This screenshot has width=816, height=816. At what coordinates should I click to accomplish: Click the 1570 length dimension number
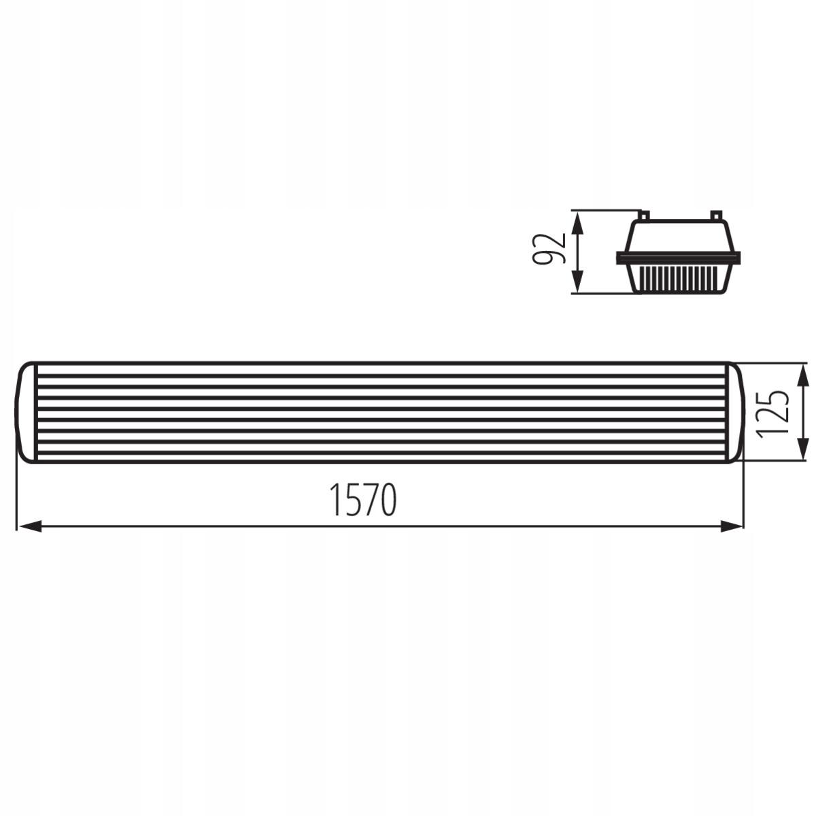(x=362, y=500)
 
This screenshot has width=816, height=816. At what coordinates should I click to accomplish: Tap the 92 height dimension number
(x=550, y=250)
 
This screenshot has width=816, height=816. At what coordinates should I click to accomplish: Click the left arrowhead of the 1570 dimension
(x=27, y=526)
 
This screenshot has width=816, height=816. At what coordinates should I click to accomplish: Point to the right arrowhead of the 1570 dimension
(x=731, y=526)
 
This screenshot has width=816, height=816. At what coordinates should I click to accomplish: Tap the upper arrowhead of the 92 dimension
(x=576, y=221)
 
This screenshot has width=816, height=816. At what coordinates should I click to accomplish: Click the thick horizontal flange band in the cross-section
(x=679, y=258)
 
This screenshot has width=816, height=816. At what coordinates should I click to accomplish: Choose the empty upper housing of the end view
(x=679, y=238)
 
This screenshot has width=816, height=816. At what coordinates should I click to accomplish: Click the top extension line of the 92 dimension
(x=605, y=209)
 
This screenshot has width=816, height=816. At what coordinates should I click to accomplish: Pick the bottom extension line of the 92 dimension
(x=605, y=294)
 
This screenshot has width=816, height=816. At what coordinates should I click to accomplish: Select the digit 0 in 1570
(x=386, y=500)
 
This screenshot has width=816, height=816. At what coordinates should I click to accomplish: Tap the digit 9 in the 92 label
(x=550, y=258)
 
